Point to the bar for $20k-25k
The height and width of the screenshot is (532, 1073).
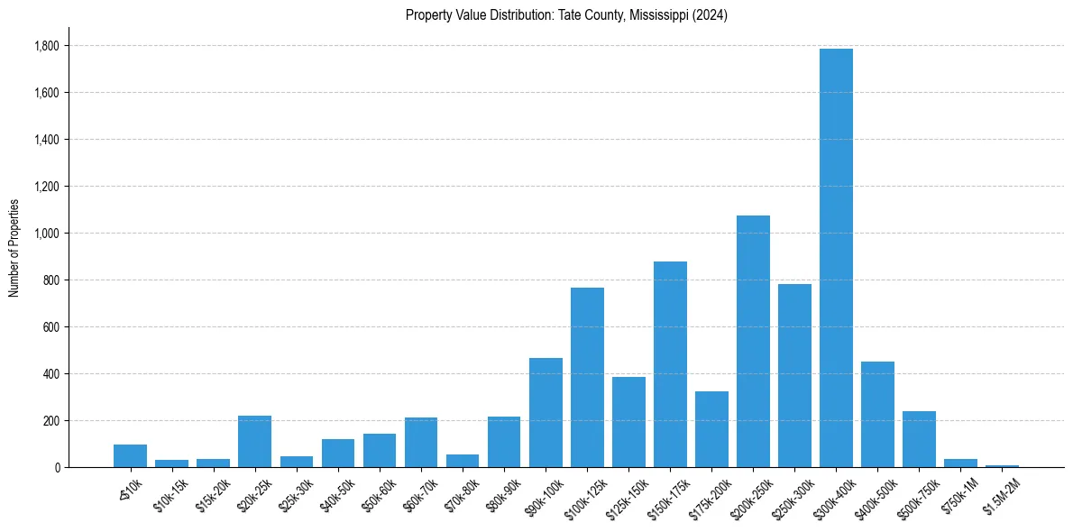point(254,441)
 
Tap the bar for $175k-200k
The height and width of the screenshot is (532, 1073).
point(711,429)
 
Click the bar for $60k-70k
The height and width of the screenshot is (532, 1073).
point(421,442)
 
